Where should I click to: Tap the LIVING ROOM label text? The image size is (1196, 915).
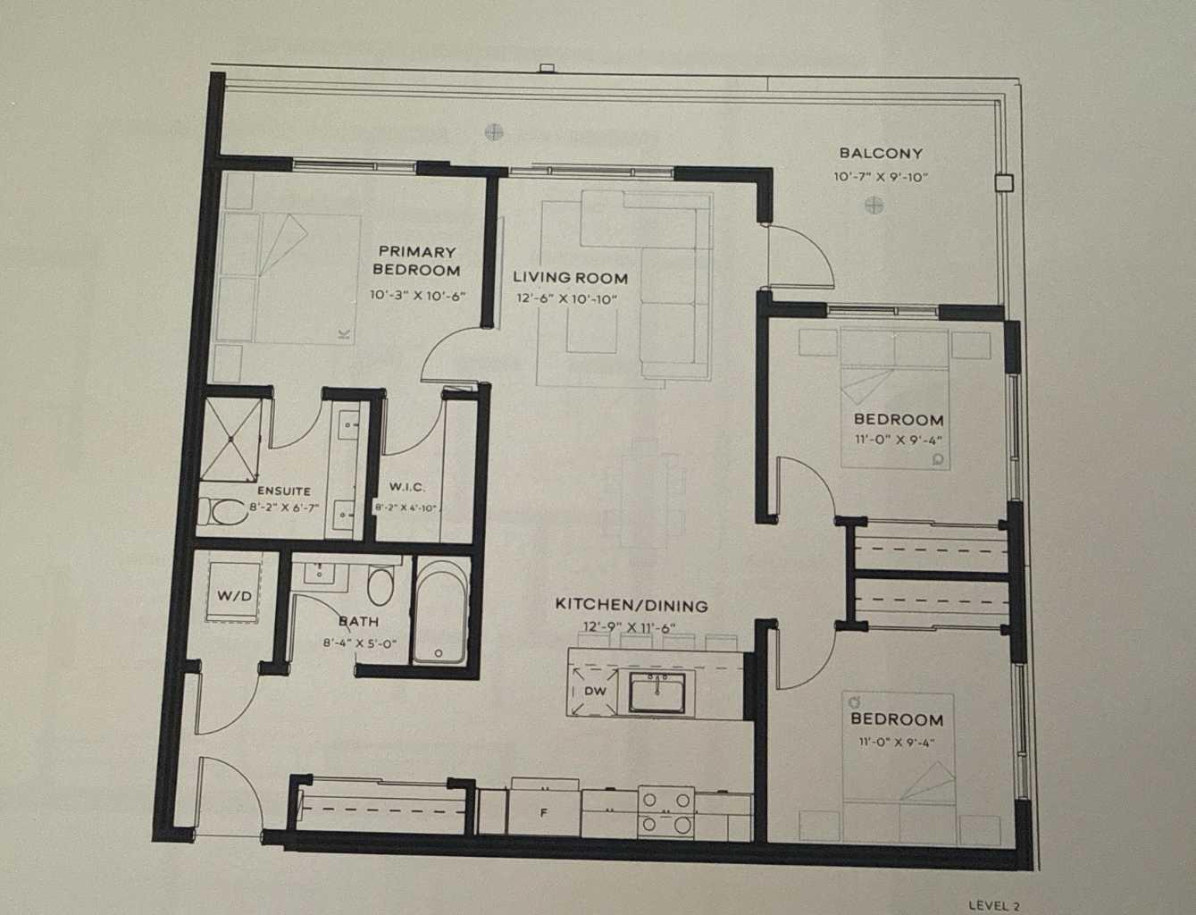coord(570,278)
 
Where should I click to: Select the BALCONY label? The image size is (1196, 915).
coord(880,154)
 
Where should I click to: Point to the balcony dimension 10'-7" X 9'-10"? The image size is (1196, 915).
coord(881,177)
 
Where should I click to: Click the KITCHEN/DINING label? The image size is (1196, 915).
coord(631,605)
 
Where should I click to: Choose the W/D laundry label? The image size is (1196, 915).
coord(234,594)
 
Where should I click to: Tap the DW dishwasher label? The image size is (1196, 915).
coord(595,691)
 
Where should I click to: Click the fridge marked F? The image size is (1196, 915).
coord(542,813)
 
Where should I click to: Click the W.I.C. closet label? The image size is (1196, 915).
coord(406,487)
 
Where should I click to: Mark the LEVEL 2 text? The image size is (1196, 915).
coord(993,905)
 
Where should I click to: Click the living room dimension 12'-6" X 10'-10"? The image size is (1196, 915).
coord(566,299)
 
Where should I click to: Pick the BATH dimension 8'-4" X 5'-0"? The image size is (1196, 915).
coord(359,642)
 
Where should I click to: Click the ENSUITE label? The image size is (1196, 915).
coord(283,491)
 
